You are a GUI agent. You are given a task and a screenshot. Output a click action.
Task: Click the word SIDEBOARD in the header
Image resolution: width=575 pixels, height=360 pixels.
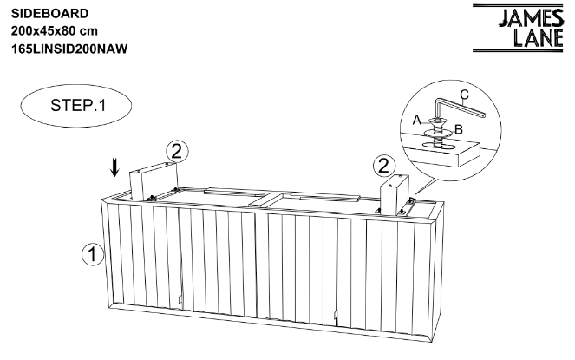(x=49, y=14)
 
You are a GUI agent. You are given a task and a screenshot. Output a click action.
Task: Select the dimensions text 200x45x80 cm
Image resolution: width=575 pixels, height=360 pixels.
(x=55, y=31)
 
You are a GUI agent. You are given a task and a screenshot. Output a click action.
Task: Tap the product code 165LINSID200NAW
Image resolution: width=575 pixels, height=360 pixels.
(x=69, y=49)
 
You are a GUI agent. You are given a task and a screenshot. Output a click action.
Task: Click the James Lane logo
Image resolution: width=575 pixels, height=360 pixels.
(x=518, y=29)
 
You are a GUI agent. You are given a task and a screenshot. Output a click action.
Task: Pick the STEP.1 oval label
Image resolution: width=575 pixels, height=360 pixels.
(x=76, y=106)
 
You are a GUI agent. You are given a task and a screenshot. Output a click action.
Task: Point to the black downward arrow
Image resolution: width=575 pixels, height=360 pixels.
(x=115, y=167)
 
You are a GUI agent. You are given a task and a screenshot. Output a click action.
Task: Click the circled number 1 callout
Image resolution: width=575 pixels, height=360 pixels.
(x=93, y=254)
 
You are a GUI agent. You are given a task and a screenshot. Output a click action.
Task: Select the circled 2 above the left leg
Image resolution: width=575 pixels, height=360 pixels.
(x=177, y=151)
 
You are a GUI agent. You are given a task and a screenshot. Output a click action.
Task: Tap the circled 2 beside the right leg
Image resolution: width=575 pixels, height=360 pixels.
(x=384, y=166)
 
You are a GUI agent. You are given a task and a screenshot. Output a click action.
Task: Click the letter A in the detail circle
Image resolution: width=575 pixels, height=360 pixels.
(x=417, y=120)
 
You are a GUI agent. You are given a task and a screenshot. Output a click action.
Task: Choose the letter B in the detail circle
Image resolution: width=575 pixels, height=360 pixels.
(x=459, y=129)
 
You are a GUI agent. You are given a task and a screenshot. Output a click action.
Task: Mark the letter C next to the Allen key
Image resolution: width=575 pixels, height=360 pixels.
(x=464, y=95)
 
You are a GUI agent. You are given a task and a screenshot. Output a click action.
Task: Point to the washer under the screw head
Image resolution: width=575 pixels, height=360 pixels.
(x=437, y=132)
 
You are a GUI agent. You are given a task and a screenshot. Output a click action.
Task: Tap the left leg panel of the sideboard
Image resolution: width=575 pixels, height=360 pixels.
(x=154, y=181)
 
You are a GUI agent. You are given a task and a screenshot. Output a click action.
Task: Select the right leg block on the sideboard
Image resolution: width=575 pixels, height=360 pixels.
(x=395, y=195)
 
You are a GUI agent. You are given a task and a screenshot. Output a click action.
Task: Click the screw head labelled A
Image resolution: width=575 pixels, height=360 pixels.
(x=436, y=121)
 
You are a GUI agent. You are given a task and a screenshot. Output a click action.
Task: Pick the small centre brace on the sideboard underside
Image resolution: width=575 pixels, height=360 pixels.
(x=266, y=200)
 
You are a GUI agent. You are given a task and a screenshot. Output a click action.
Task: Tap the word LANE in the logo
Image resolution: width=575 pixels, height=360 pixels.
(x=538, y=38)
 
